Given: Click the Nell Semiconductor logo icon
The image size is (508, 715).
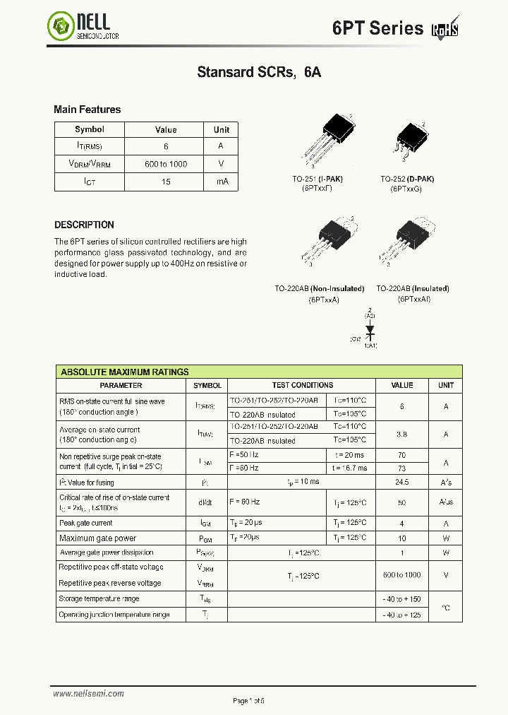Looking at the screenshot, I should (61, 27).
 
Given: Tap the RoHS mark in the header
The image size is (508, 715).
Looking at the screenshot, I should (445, 29).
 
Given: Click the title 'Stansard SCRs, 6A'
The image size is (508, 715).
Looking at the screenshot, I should (259, 72).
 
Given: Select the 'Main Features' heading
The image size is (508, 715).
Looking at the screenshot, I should (87, 110).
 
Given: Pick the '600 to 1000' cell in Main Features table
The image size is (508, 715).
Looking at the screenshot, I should (166, 164).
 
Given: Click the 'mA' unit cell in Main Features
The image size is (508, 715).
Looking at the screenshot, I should (222, 182).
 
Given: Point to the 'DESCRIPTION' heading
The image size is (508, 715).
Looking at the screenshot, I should (84, 225).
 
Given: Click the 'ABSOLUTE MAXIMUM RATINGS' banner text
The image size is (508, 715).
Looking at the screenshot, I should (125, 372).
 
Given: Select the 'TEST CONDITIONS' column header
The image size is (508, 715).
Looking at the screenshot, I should (302, 386).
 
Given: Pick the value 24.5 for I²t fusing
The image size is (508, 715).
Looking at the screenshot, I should (402, 482).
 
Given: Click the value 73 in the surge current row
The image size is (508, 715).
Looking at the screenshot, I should (402, 468).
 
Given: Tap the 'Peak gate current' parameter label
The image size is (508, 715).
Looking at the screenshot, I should (86, 523).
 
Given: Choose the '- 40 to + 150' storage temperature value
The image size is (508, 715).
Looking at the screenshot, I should (402, 599).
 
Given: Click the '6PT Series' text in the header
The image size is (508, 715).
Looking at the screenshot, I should (377, 28).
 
